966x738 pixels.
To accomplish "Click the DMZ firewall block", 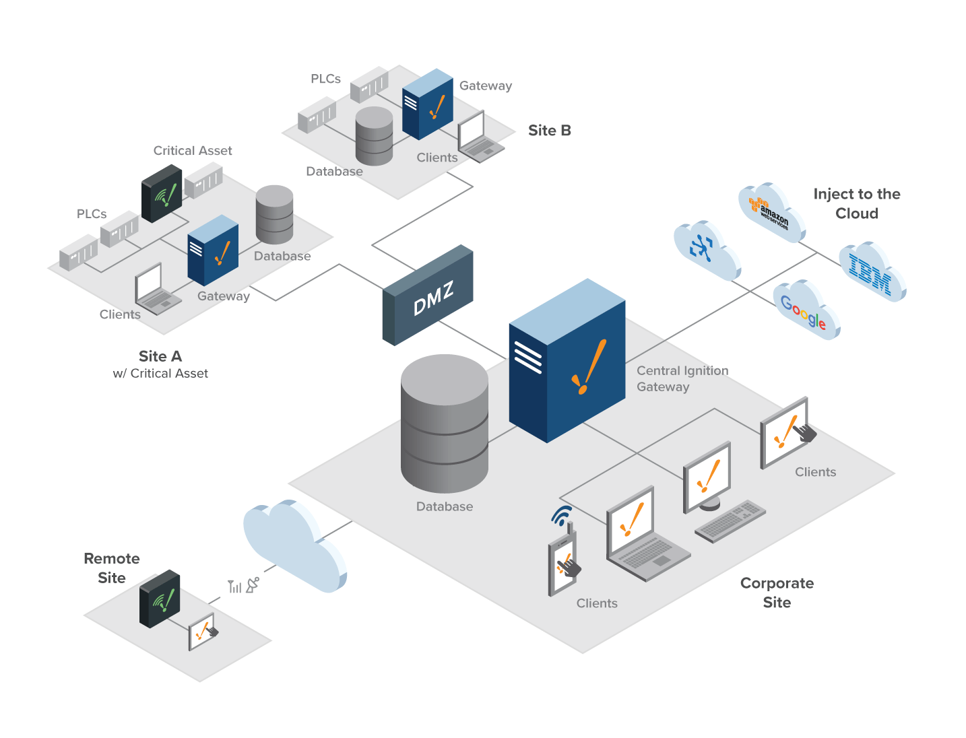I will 428,296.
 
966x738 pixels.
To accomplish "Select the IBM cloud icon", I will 872,272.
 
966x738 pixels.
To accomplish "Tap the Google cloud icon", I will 805,310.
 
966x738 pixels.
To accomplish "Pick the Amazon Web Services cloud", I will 771,211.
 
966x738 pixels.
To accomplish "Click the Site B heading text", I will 549,131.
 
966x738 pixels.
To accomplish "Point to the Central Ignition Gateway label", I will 682,378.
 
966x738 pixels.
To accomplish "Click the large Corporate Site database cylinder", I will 445,424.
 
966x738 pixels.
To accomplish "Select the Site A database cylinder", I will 274,215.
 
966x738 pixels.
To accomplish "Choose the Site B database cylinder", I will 374,136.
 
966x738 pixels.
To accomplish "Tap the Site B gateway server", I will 427,104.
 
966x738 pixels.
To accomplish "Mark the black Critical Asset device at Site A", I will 162,193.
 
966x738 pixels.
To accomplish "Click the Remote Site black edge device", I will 160,599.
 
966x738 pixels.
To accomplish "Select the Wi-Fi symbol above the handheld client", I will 561,515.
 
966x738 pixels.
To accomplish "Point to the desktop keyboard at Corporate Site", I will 730,521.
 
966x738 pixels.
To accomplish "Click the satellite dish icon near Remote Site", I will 253,585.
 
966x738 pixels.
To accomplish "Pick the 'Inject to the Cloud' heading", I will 856,203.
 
